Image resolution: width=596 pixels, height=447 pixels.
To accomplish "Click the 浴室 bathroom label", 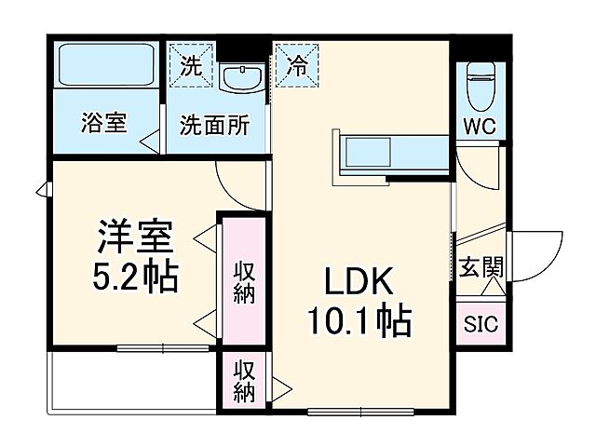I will pos(103,123).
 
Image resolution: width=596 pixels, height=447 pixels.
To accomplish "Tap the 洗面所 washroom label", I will pos(214,124).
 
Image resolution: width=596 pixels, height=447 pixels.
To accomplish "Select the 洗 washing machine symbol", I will pos(190,66).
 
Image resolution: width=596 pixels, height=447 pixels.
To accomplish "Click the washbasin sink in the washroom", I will pos(244,77).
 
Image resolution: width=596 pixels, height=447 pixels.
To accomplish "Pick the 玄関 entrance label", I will pos(481,268).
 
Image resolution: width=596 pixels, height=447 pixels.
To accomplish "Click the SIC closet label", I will pos(481,325).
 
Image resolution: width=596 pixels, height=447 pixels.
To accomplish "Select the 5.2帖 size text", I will pos(136,278).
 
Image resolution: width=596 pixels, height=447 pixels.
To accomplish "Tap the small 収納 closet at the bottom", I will pos(244,381).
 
